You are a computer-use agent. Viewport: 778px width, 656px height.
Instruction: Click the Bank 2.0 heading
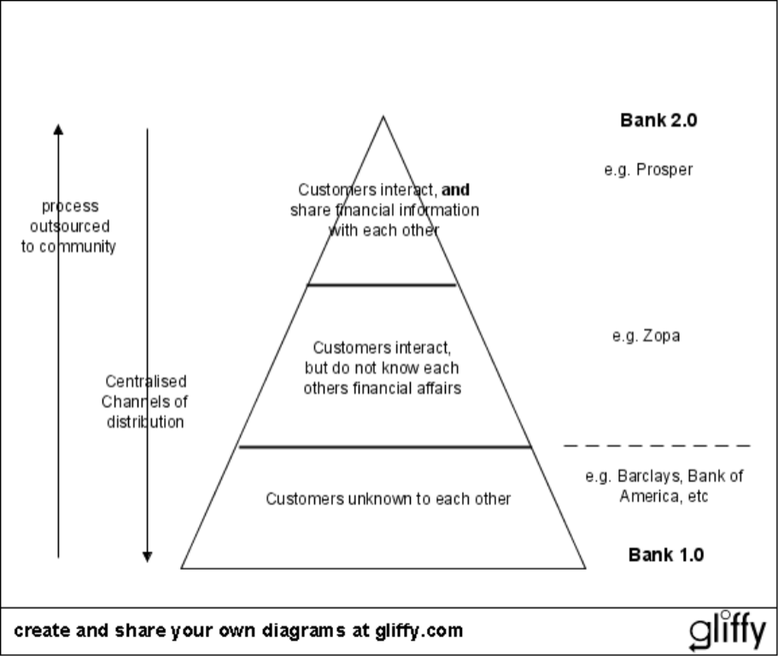click(x=658, y=120)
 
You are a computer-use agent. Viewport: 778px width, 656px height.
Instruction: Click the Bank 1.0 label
click(x=665, y=554)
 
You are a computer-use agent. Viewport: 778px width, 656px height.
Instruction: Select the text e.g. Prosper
click(x=648, y=169)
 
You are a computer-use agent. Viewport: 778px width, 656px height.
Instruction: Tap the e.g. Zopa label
click(x=646, y=336)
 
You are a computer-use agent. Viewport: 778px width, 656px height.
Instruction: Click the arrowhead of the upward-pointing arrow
click(x=58, y=130)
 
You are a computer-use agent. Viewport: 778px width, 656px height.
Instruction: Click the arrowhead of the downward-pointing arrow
click(x=147, y=556)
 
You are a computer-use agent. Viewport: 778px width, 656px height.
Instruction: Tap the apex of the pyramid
click(x=383, y=118)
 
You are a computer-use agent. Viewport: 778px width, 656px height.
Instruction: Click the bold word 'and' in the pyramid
click(x=455, y=190)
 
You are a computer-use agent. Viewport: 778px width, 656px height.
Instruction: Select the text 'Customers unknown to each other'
click(x=388, y=499)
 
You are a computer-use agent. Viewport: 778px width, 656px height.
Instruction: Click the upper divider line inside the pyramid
click(x=382, y=284)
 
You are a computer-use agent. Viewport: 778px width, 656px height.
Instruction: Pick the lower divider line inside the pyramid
click(x=384, y=446)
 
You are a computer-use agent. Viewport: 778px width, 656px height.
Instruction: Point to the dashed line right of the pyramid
click(x=656, y=446)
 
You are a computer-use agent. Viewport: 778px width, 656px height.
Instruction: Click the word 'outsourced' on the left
click(x=70, y=226)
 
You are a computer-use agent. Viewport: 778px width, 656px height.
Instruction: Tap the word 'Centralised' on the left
click(x=145, y=381)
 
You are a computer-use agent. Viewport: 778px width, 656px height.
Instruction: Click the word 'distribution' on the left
click(x=145, y=422)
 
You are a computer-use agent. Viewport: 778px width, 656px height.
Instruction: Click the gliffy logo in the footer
click(x=728, y=631)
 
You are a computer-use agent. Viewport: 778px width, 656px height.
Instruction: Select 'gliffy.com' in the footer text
click(x=418, y=631)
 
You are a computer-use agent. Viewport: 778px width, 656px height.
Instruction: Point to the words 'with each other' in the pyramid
click(x=383, y=230)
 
